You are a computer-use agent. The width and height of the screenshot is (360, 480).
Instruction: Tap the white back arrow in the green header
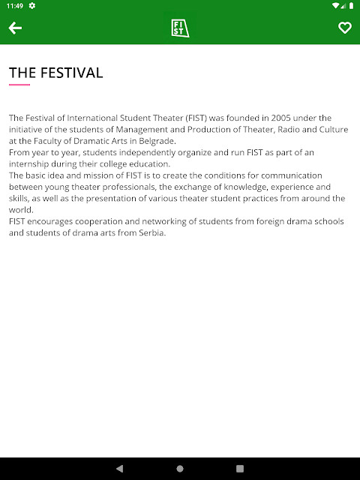coord(15,28)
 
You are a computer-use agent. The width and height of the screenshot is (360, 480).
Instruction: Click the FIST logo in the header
coord(180,28)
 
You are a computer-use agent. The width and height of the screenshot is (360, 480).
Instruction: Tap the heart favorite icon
coord(344,28)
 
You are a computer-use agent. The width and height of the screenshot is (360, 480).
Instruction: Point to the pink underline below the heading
coord(19,85)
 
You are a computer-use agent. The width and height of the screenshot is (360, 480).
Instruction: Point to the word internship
coord(29,164)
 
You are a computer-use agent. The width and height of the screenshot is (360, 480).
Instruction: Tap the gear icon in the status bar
coord(32,5)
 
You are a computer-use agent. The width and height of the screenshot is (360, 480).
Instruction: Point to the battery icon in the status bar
coord(350,5)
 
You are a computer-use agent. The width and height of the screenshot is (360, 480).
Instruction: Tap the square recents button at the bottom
coord(240,469)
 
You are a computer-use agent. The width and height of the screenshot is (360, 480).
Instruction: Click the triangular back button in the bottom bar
coord(120,469)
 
